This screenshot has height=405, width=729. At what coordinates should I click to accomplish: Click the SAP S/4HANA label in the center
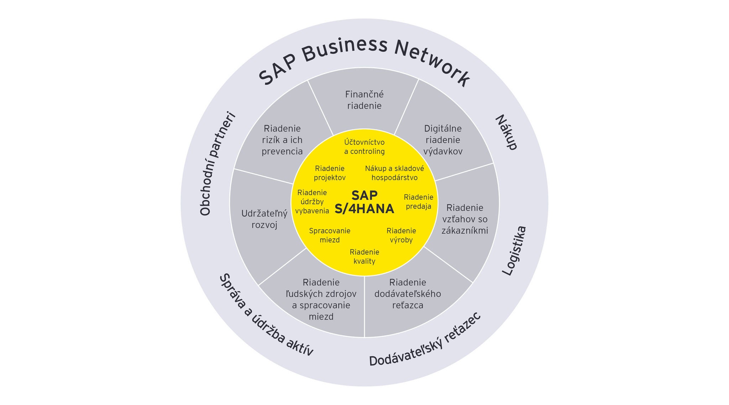pyautogui.click(x=364, y=202)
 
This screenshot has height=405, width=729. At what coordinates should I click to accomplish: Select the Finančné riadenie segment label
pyautogui.click(x=364, y=100)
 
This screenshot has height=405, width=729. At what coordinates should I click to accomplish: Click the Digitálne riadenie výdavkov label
pyautogui.click(x=443, y=140)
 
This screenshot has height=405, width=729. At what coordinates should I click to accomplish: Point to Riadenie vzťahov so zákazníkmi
pyautogui.click(x=465, y=219)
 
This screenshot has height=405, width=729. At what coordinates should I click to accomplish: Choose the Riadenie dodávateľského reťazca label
pyautogui.click(x=408, y=294)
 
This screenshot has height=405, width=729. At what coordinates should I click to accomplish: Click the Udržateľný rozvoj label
pyautogui.click(x=264, y=219)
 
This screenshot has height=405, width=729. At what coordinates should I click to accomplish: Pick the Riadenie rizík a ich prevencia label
pyautogui.click(x=282, y=140)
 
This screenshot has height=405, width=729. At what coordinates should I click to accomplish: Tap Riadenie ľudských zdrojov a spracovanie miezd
pyautogui.click(x=321, y=300)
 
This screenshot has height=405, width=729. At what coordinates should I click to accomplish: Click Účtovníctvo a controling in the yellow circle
pyautogui.click(x=364, y=147)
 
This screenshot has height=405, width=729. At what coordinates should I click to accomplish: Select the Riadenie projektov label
pyautogui.click(x=330, y=173)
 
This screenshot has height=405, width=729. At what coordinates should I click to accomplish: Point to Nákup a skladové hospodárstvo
pyautogui.click(x=394, y=173)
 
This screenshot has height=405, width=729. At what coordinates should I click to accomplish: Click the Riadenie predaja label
pyautogui.click(x=418, y=202)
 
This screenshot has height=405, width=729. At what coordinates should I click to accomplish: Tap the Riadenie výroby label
pyautogui.click(x=401, y=235)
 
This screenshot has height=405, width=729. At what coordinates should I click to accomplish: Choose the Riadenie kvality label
pyautogui.click(x=364, y=257)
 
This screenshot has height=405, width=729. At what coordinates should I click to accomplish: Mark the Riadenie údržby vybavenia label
pyautogui.click(x=312, y=202)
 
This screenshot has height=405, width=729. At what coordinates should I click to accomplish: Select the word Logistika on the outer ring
pyautogui.click(x=514, y=250)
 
